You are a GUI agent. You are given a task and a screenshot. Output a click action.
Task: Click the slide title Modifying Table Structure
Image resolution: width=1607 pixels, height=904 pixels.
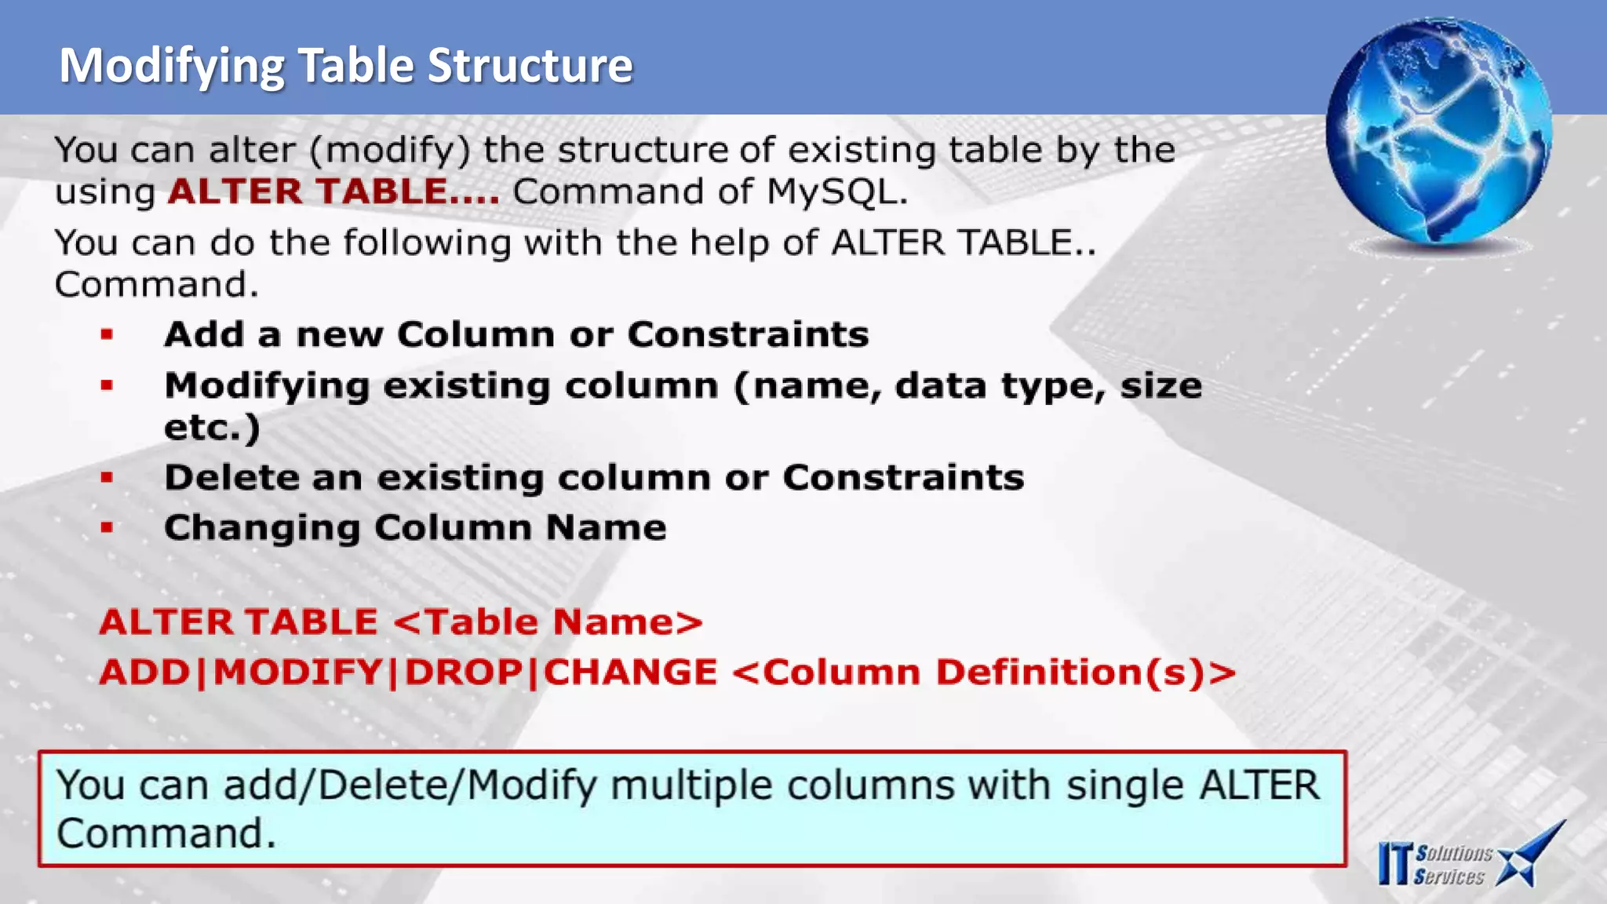(x=345, y=65)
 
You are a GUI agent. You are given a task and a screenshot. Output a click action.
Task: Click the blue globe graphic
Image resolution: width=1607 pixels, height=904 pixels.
(x=1438, y=131)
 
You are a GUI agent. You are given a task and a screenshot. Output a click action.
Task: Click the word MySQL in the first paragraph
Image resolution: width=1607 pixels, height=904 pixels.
(x=835, y=192)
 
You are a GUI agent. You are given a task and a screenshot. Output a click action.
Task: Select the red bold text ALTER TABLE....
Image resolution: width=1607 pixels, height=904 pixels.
(x=333, y=192)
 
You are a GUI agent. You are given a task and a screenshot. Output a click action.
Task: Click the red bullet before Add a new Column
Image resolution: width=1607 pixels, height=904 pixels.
(x=107, y=335)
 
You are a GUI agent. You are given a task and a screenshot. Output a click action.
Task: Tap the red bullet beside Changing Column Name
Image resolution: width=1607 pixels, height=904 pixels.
(x=107, y=528)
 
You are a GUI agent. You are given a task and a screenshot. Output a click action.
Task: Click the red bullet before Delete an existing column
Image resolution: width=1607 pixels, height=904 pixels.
(x=107, y=477)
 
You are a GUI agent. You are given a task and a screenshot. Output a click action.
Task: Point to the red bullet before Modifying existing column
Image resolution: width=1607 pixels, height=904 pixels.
(x=107, y=385)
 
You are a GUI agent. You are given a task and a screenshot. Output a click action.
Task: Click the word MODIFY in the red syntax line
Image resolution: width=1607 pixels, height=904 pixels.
(x=297, y=673)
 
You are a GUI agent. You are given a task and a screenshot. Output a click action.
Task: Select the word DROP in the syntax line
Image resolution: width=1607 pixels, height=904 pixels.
(x=464, y=673)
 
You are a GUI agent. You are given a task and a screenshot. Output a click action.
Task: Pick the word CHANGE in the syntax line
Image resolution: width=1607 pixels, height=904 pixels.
(x=630, y=673)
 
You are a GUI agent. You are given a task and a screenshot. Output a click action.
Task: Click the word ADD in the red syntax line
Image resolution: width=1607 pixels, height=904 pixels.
(x=144, y=673)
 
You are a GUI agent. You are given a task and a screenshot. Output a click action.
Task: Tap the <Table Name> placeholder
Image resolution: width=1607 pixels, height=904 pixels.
(x=547, y=622)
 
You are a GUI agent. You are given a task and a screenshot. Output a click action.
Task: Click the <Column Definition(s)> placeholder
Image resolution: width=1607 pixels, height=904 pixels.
(x=984, y=673)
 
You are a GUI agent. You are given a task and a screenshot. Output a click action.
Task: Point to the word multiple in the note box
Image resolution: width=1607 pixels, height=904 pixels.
(x=691, y=786)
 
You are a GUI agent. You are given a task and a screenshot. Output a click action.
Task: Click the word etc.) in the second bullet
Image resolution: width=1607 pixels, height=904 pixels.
(x=212, y=428)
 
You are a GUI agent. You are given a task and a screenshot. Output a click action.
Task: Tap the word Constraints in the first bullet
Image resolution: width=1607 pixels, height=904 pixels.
(x=748, y=335)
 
